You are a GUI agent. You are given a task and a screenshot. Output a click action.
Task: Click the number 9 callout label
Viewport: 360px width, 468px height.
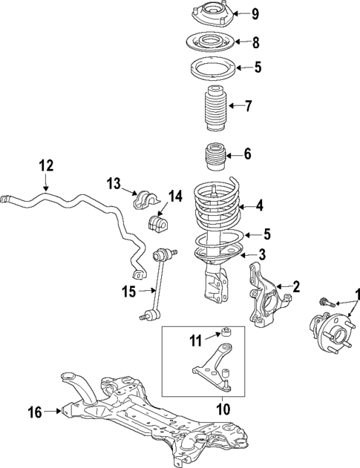click(255, 13)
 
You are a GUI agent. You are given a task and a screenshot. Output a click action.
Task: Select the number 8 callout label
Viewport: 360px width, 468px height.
click(255, 42)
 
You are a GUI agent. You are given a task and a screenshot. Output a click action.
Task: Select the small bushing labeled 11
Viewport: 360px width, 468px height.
click(229, 332)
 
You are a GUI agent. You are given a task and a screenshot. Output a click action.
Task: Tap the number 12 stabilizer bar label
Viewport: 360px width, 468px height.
click(46, 166)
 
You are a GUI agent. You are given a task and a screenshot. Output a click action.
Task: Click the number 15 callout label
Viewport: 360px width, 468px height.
click(129, 291)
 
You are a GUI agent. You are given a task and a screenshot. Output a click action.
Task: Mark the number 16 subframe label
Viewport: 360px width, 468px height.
click(36, 409)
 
